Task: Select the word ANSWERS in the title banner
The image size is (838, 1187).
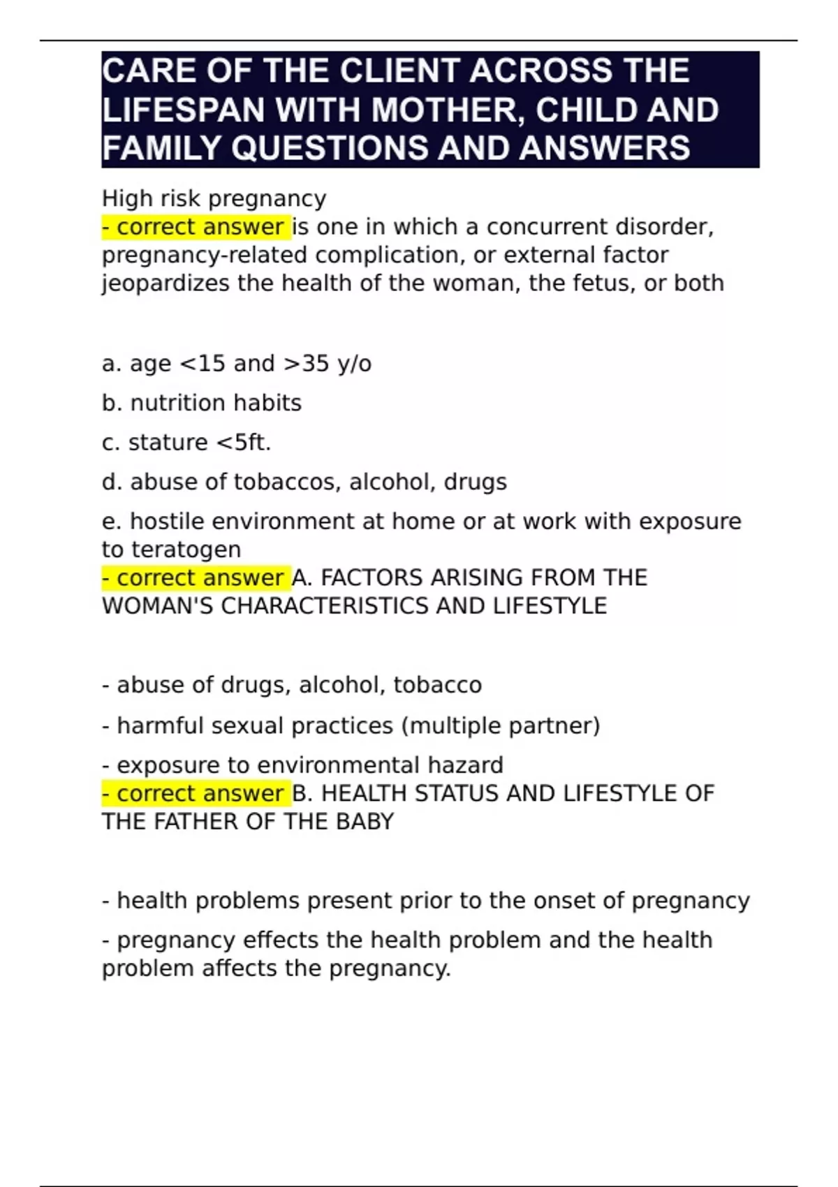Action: pyautogui.click(x=605, y=148)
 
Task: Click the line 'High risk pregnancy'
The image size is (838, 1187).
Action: pyautogui.click(x=214, y=199)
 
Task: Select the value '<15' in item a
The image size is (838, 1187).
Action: pyautogui.click(x=203, y=364)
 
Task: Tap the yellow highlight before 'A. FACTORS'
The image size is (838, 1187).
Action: pyautogui.click(x=196, y=578)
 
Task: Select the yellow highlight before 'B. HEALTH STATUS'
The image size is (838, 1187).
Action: pyautogui.click(x=196, y=794)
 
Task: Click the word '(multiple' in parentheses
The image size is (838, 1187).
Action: pyautogui.click(x=451, y=726)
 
